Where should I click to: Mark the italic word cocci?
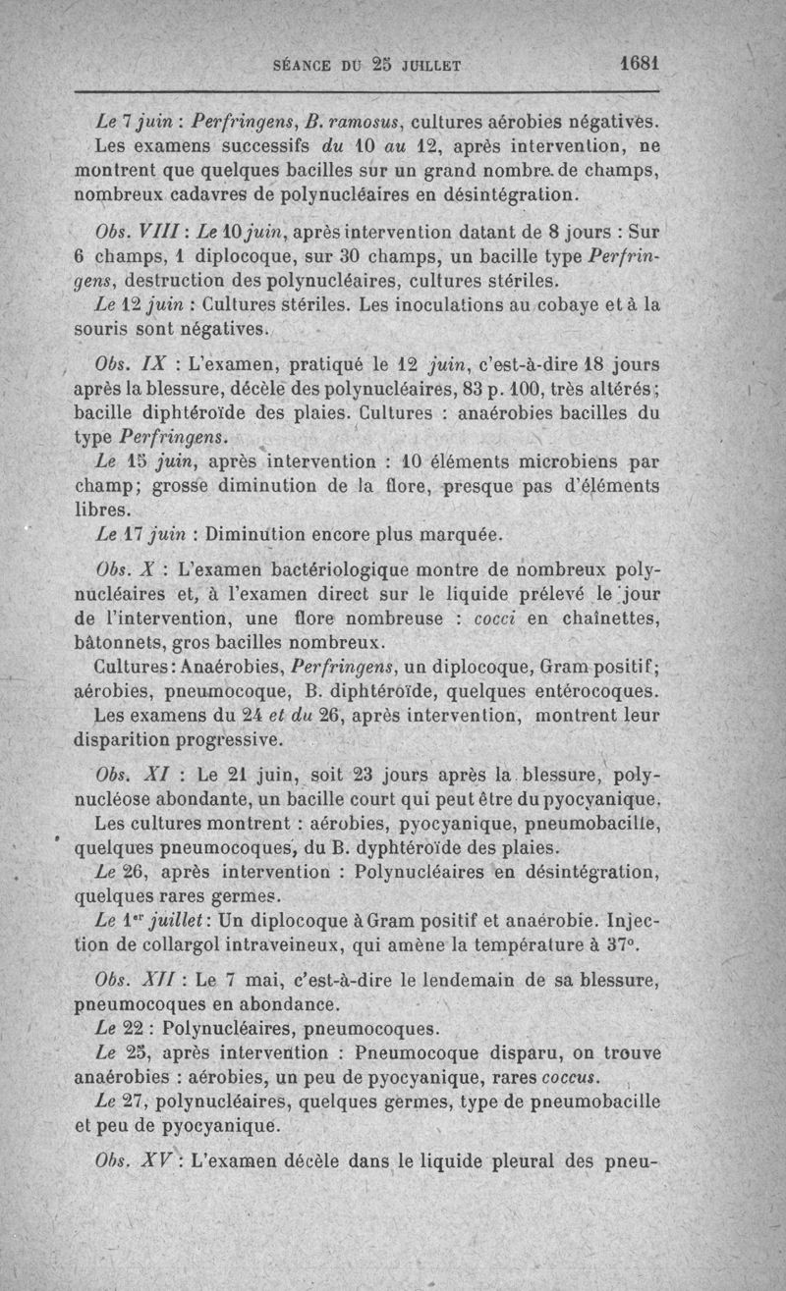pyautogui.click(x=495, y=619)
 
